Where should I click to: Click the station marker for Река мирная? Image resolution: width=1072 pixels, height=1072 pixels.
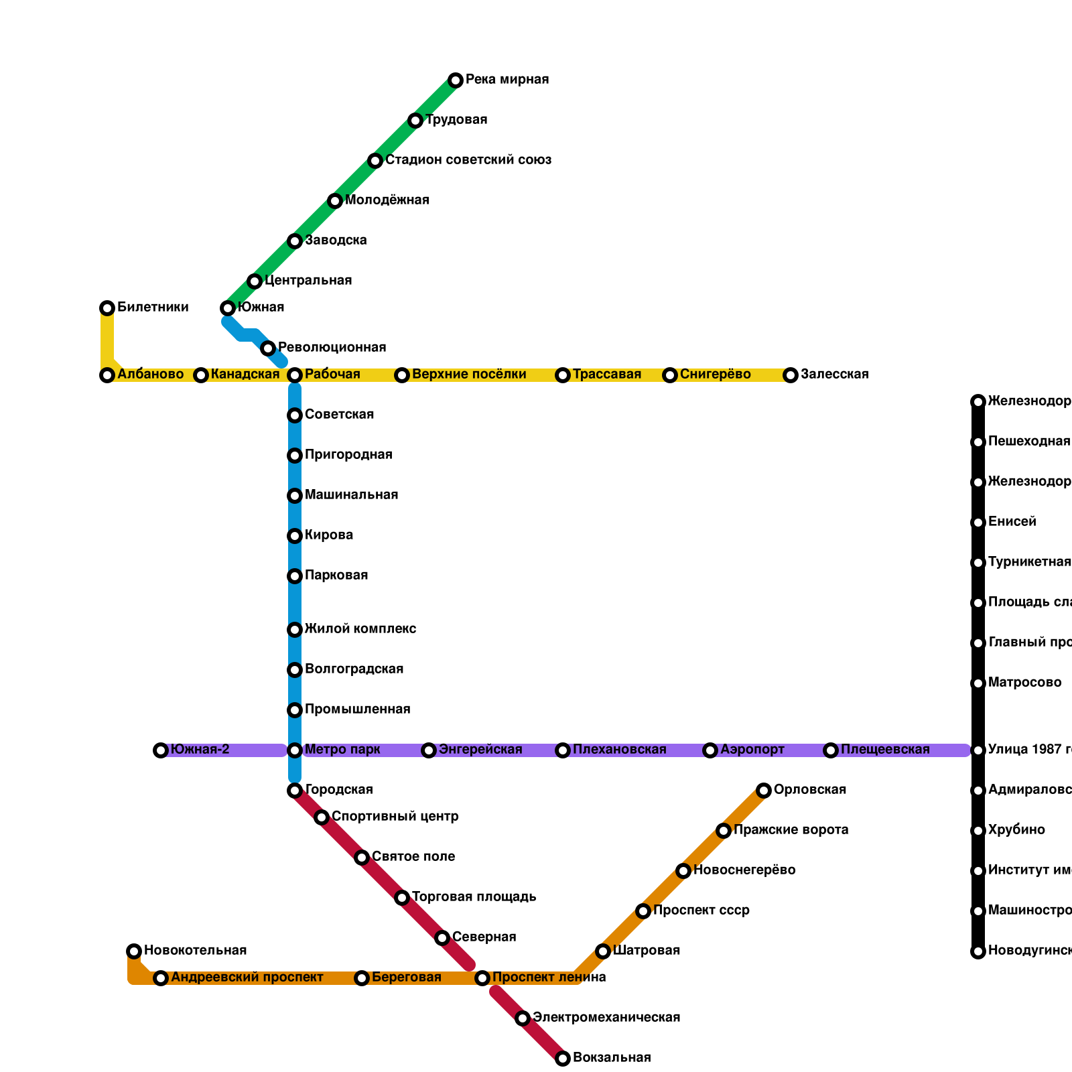pyautogui.click(x=456, y=80)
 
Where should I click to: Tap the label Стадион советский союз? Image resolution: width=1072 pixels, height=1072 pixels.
pyautogui.click(x=468, y=160)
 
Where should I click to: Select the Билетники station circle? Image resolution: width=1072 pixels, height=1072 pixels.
pyautogui.click(x=107, y=308)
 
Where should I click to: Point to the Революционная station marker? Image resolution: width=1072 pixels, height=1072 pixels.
pyautogui.click(x=268, y=348)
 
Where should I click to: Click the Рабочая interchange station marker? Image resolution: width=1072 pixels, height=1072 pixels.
pyautogui.click(x=295, y=375)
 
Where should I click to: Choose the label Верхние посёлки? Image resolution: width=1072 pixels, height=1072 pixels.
pyautogui.click(x=469, y=375)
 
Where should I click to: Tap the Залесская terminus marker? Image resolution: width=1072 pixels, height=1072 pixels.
pyautogui.click(x=791, y=375)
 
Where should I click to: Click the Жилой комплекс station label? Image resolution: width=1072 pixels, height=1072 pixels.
pyautogui.click(x=360, y=629)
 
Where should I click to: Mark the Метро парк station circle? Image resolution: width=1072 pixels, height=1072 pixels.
pyautogui.click(x=295, y=750)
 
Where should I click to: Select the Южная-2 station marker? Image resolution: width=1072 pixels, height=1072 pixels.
pyautogui.click(x=161, y=750)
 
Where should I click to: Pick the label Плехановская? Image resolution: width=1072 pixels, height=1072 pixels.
pyautogui.click(x=619, y=750)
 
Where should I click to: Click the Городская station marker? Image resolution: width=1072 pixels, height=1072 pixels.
pyautogui.click(x=295, y=791)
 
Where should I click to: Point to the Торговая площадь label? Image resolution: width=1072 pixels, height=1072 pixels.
pyautogui.click(x=474, y=897)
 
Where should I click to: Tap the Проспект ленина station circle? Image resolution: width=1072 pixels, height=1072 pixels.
pyautogui.click(x=482, y=978)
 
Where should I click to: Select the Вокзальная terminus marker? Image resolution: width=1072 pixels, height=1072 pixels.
pyautogui.click(x=563, y=1059)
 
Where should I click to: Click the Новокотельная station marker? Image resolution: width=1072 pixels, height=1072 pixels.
pyautogui.click(x=134, y=951)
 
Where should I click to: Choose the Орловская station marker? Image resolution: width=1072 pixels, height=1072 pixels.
pyautogui.click(x=764, y=791)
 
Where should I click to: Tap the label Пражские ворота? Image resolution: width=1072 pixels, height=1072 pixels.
pyautogui.click(x=791, y=830)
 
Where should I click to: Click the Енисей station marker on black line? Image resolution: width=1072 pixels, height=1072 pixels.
pyautogui.click(x=978, y=523)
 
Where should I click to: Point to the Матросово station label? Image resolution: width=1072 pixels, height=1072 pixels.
pyautogui.click(x=1024, y=683)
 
